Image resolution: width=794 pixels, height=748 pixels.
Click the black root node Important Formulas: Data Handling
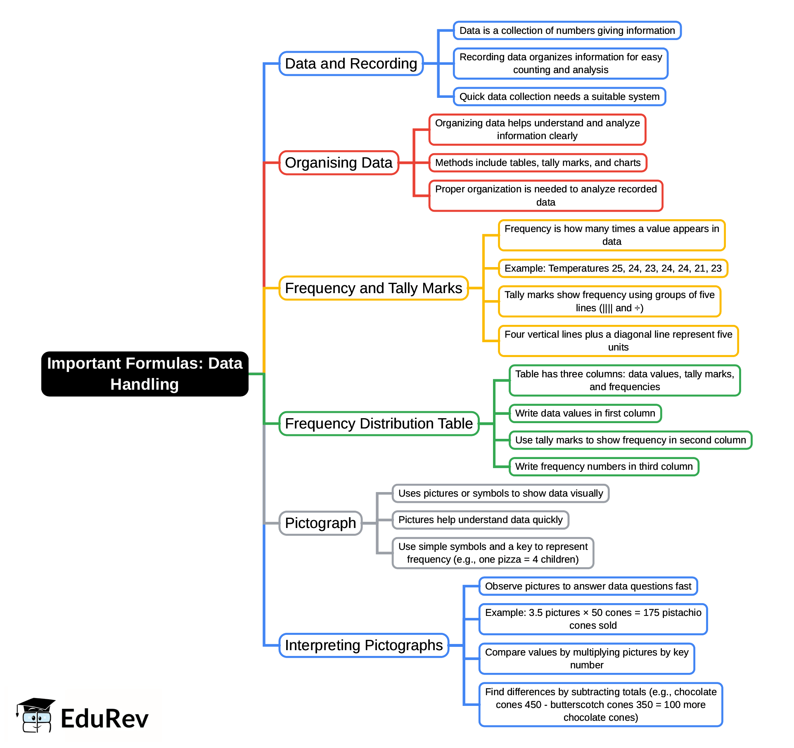(x=145, y=374)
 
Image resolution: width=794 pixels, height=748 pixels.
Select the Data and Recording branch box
(x=351, y=64)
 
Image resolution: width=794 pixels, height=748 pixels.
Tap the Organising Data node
(x=339, y=163)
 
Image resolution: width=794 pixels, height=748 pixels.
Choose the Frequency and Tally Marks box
(x=373, y=288)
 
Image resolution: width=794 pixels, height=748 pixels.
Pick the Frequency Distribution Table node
(x=379, y=424)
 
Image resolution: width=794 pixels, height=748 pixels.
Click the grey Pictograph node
(x=320, y=523)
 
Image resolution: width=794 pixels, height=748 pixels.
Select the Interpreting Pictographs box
(x=363, y=645)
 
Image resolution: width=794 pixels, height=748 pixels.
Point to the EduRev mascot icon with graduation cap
(x=36, y=715)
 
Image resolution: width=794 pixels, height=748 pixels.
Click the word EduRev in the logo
(x=104, y=719)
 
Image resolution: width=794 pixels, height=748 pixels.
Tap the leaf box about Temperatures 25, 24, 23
(x=613, y=268)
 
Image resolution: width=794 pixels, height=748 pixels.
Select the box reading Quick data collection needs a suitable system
(x=559, y=97)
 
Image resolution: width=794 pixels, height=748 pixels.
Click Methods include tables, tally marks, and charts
(x=538, y=163)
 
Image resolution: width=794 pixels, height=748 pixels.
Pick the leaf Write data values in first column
(x=585, y=413)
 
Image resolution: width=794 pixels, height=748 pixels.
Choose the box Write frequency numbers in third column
(x=604, y=466)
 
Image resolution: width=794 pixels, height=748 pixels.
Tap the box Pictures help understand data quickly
(x=480, y=520)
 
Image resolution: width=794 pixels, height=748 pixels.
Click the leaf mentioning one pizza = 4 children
(x=493, y=553)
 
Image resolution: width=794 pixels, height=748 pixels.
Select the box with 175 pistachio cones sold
(x=593, y=619)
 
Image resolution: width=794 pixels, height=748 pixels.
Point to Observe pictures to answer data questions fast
(x=588, y=586)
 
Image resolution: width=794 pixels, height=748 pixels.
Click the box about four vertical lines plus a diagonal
(x=618, y=341)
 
